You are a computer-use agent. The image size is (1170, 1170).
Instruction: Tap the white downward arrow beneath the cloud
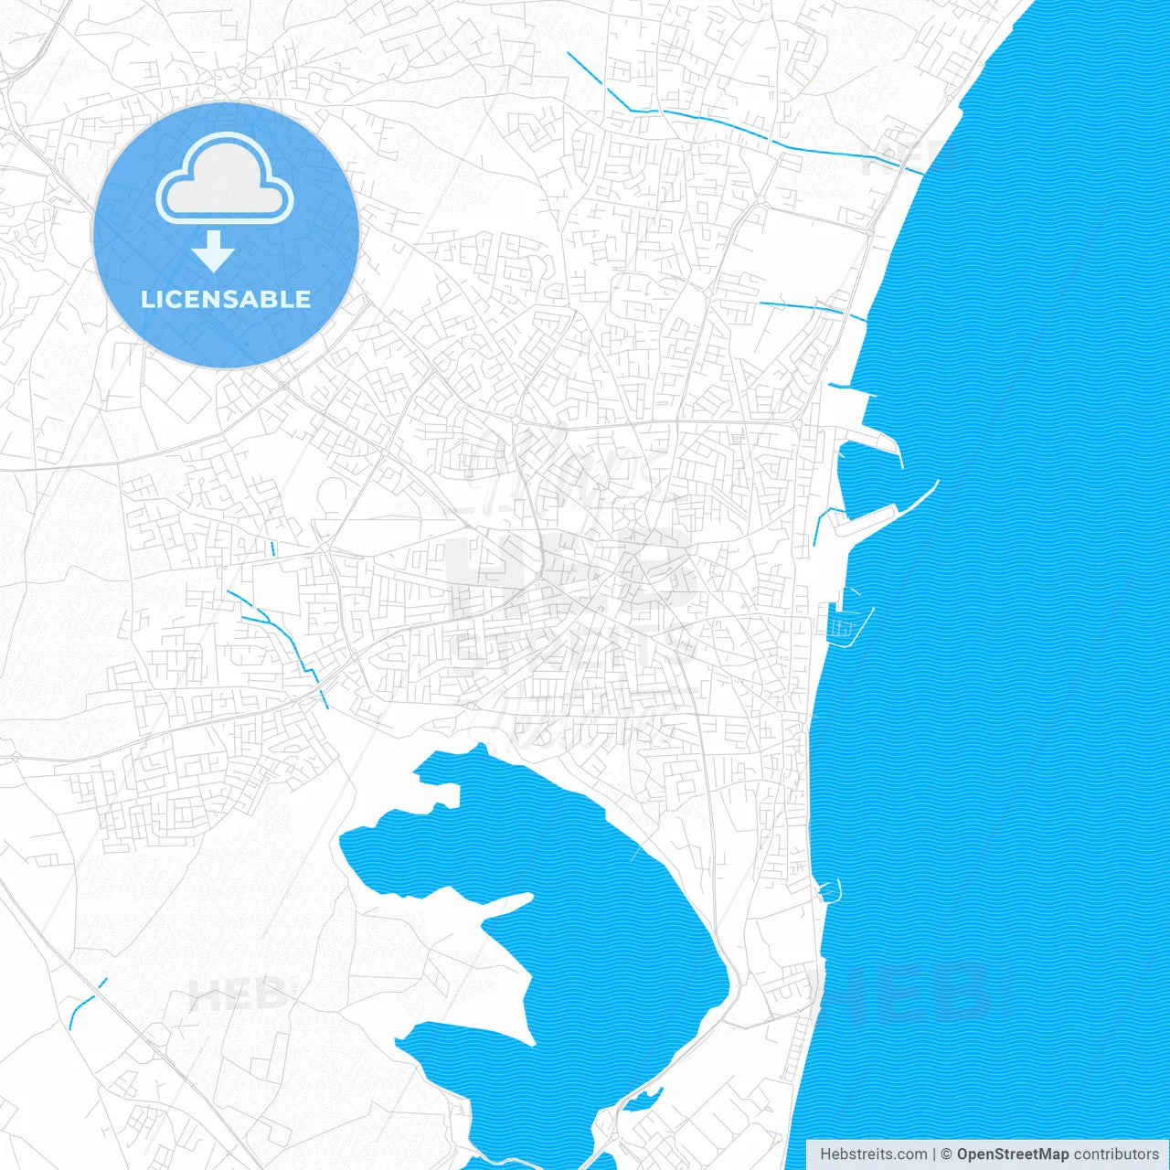tap(214, 251)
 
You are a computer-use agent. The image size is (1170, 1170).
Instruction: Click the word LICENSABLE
tap(225, 299)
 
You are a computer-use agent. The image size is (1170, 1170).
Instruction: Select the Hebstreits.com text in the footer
tap(873, 1154)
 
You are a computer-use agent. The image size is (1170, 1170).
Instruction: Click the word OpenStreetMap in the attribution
tap(1012, 1154)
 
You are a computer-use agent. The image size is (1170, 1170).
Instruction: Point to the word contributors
tap(1116, 1154)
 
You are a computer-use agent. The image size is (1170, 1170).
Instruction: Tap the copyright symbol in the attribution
tap(947, 1154)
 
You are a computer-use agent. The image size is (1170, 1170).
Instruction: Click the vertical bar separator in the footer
tap(934, 1154)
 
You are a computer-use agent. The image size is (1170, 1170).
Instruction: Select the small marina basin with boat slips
tap(842, 625)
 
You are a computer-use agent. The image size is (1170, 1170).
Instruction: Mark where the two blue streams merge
tap(266, 621)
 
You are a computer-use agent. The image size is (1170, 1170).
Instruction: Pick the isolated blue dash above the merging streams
tap(272, 549)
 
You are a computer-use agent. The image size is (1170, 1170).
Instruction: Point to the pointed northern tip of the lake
tap(481, 747)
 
